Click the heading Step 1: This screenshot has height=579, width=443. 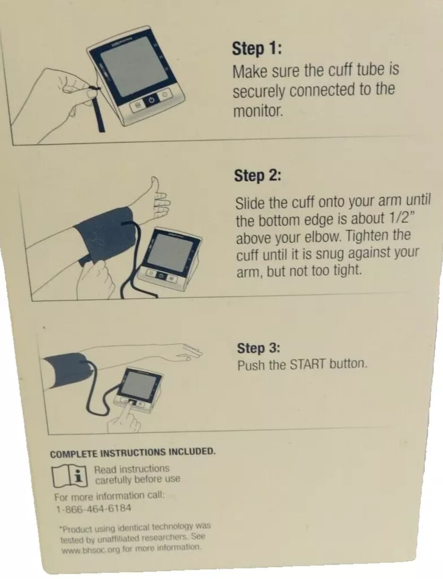click(x=257, y=48)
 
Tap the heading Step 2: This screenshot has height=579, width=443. click(x=258, y=176)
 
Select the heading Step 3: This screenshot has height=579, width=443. click(x=258, y=348)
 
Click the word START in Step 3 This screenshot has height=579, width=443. click(x=307, y=365)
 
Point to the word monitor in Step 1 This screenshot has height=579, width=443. click(x=258, y=111)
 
